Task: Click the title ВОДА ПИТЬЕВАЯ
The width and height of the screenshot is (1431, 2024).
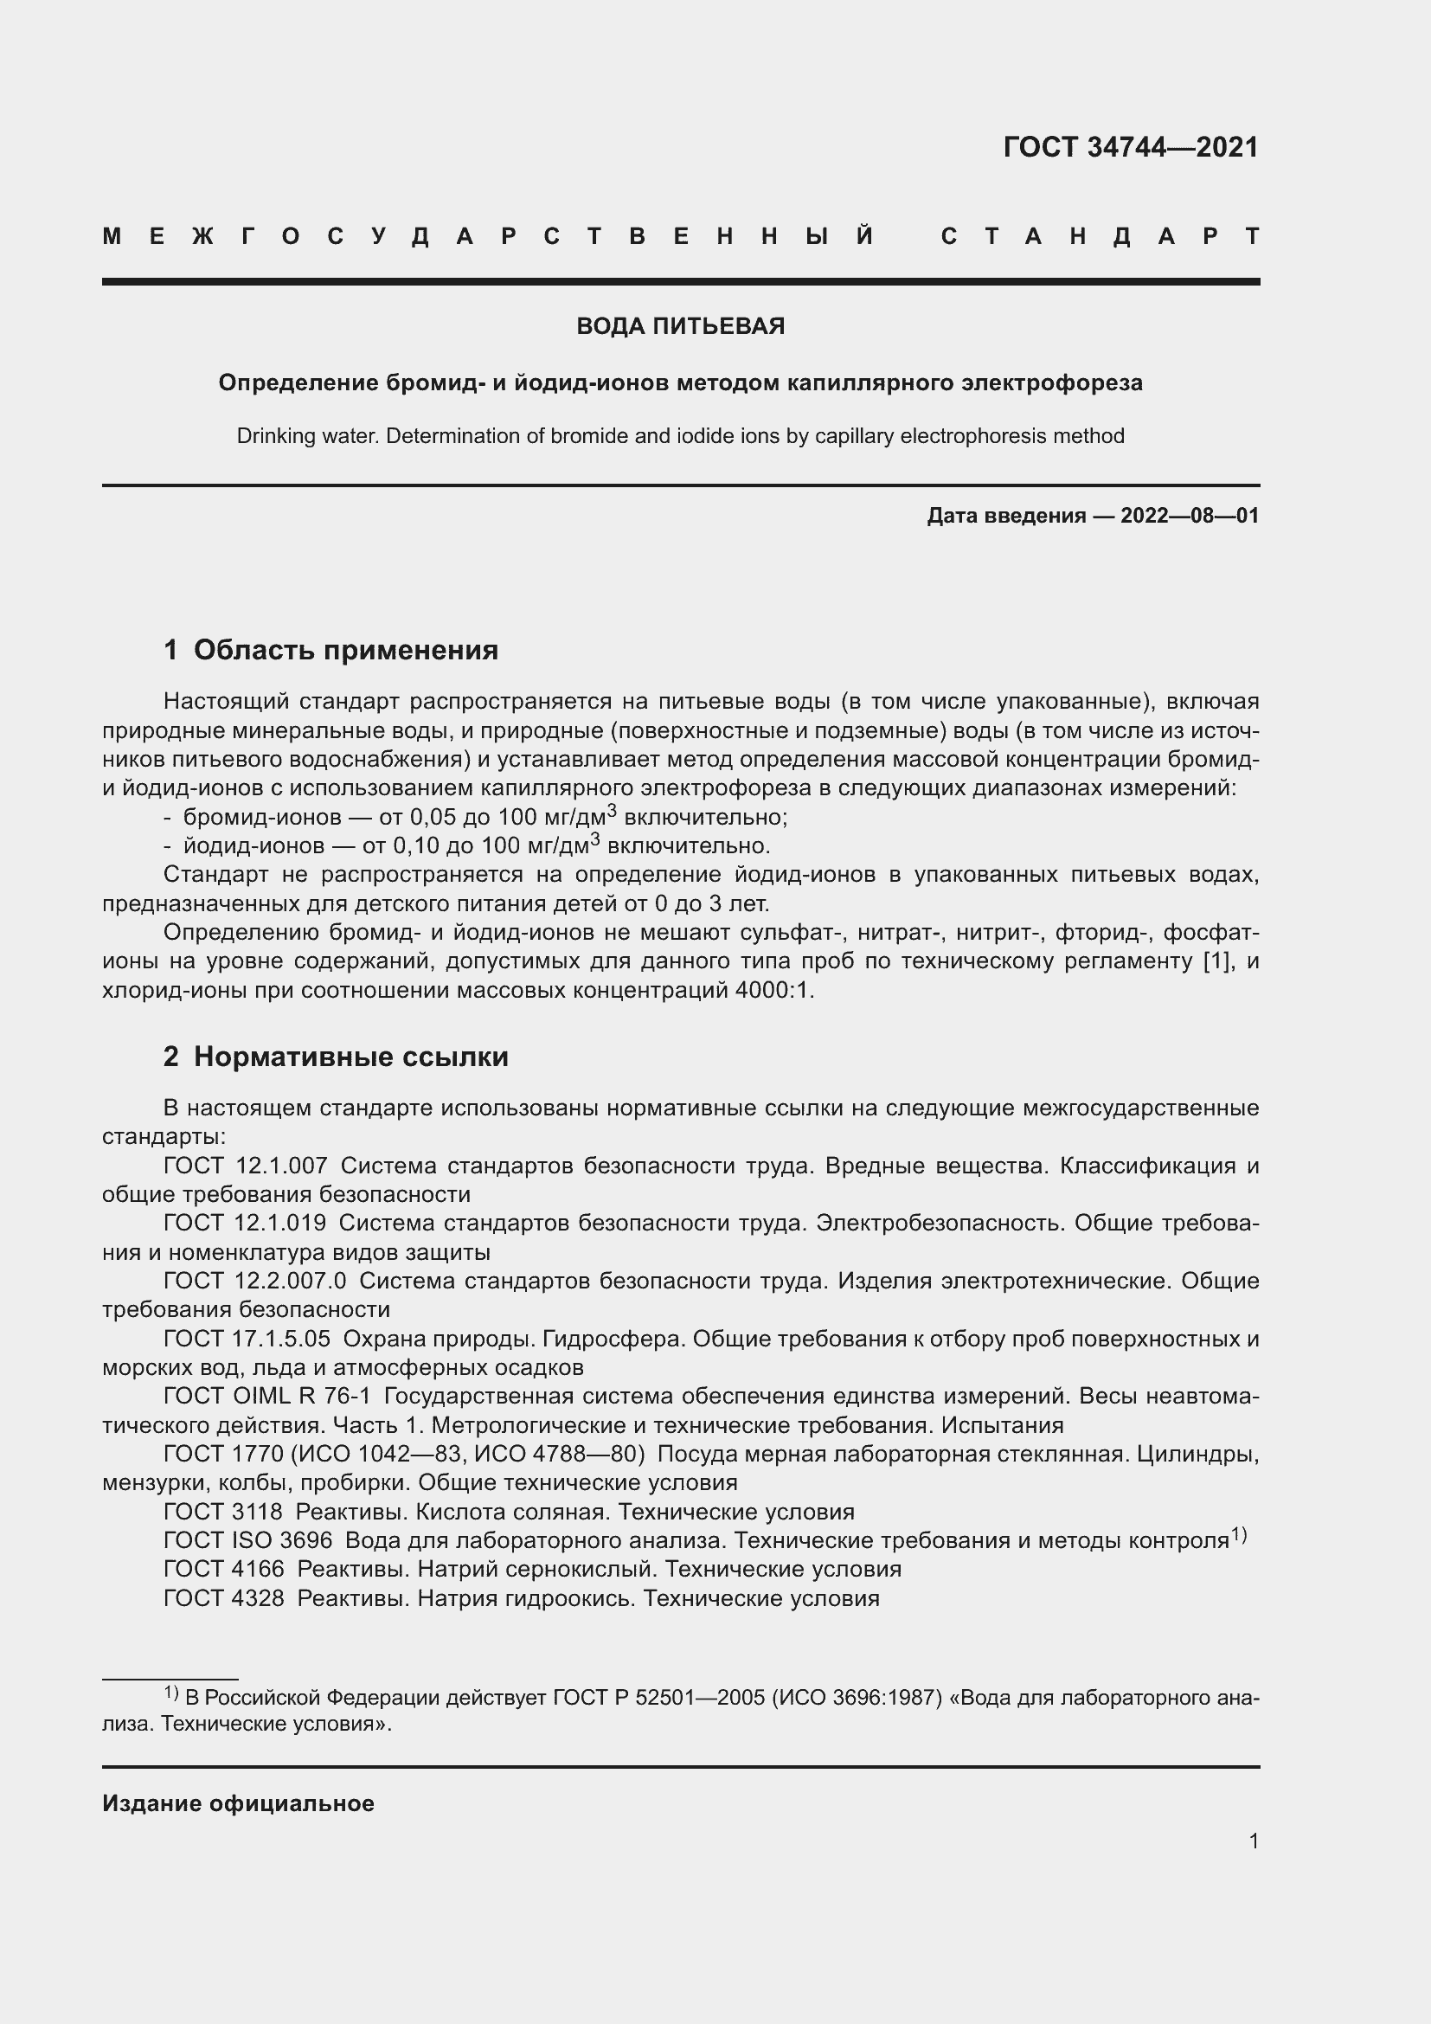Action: pos(680,326)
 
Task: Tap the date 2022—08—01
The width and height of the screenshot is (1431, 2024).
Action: pos(1189,516)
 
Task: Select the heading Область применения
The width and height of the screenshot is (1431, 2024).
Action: pos(345,650)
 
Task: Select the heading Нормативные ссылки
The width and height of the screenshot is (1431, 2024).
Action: pos(350,1056)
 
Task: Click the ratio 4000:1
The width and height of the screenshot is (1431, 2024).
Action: pos(773,990)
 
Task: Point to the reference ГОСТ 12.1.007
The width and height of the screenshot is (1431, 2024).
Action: pos(245,1166)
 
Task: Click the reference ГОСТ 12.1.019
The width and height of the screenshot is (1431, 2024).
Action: pos(244,1223)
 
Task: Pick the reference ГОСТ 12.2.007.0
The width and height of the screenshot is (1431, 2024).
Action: pos(254,1280)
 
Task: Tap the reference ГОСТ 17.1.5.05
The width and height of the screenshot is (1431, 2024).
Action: pos(247,1338)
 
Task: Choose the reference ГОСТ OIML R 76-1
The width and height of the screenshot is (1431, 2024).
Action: pos(267,1396)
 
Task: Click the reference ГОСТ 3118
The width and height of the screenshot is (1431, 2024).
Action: pos(223,1512)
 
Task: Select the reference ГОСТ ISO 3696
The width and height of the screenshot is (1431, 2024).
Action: pos(247,1541)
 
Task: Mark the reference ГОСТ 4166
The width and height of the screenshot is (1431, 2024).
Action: pos(224,1569)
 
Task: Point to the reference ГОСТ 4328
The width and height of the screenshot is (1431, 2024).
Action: pos(224,1598)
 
